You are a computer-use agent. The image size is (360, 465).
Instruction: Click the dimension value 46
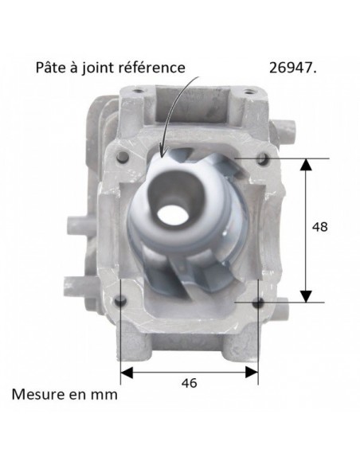pos(190,383)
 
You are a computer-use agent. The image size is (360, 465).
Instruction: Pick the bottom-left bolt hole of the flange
pos(120,301)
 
